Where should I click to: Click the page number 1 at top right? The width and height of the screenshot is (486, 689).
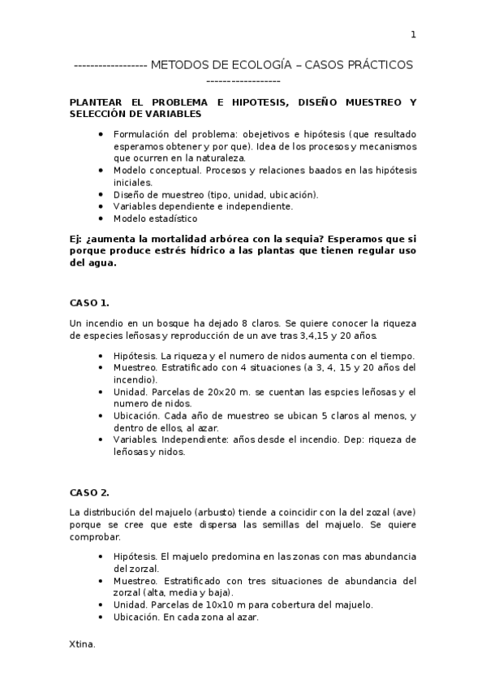pyautogui.click(x=413, y=34)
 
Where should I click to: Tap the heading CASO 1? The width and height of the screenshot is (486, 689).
pyautogui.click(x=89, y=303)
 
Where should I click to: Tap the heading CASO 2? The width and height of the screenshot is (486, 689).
pyautogui.click(x=89, y=492)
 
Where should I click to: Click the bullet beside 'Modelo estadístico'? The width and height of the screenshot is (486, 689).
pyautogui.click(x=100, y=218)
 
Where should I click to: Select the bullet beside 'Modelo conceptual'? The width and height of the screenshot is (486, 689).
pyautogui.click(x=100, y=171)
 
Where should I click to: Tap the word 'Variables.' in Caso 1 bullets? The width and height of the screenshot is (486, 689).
pyautogui.click(x=135, y=440)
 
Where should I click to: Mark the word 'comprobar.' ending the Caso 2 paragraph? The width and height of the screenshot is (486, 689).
pyautogui.click(x=96, y=536)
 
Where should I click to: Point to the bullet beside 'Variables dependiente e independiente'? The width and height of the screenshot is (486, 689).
pyautogui.click(x=100, y=206)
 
